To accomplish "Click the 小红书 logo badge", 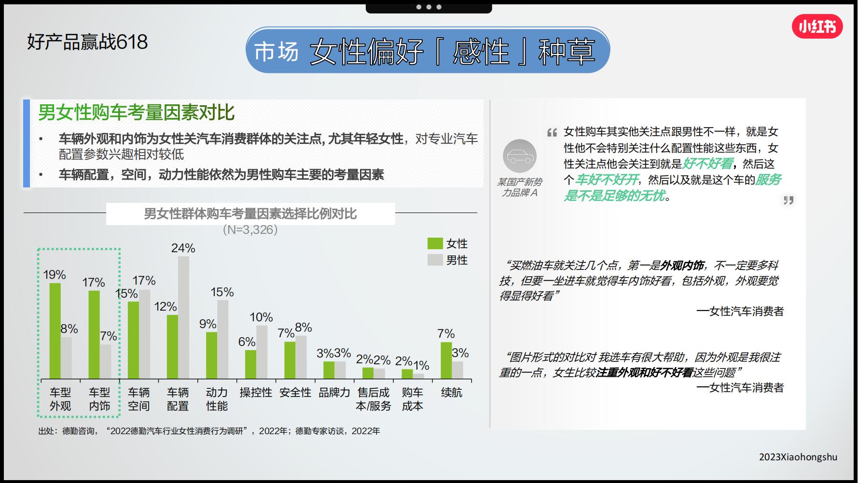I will point(817,27).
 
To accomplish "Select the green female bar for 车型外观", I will point(55,330).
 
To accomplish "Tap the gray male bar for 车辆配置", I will point(183,317).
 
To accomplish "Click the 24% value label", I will point(183,248).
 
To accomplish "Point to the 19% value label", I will point(54,275).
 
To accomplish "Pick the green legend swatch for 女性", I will point(435,243).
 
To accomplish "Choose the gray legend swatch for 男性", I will point(435,260).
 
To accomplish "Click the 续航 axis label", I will point(451,393).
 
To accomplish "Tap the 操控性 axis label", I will point(256,393).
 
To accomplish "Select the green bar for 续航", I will point(446,360).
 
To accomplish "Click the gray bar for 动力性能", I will point(222,339).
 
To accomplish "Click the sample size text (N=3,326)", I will point(250,229).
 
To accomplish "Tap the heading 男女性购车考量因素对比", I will point(136,113).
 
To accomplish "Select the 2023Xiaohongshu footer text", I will point(798,457).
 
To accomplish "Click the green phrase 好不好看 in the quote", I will point(707,164).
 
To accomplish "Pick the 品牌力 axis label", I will point(334,393).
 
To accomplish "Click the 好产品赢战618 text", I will point(87,42).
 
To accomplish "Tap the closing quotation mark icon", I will point(788,200).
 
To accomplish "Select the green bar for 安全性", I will point(290,360).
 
